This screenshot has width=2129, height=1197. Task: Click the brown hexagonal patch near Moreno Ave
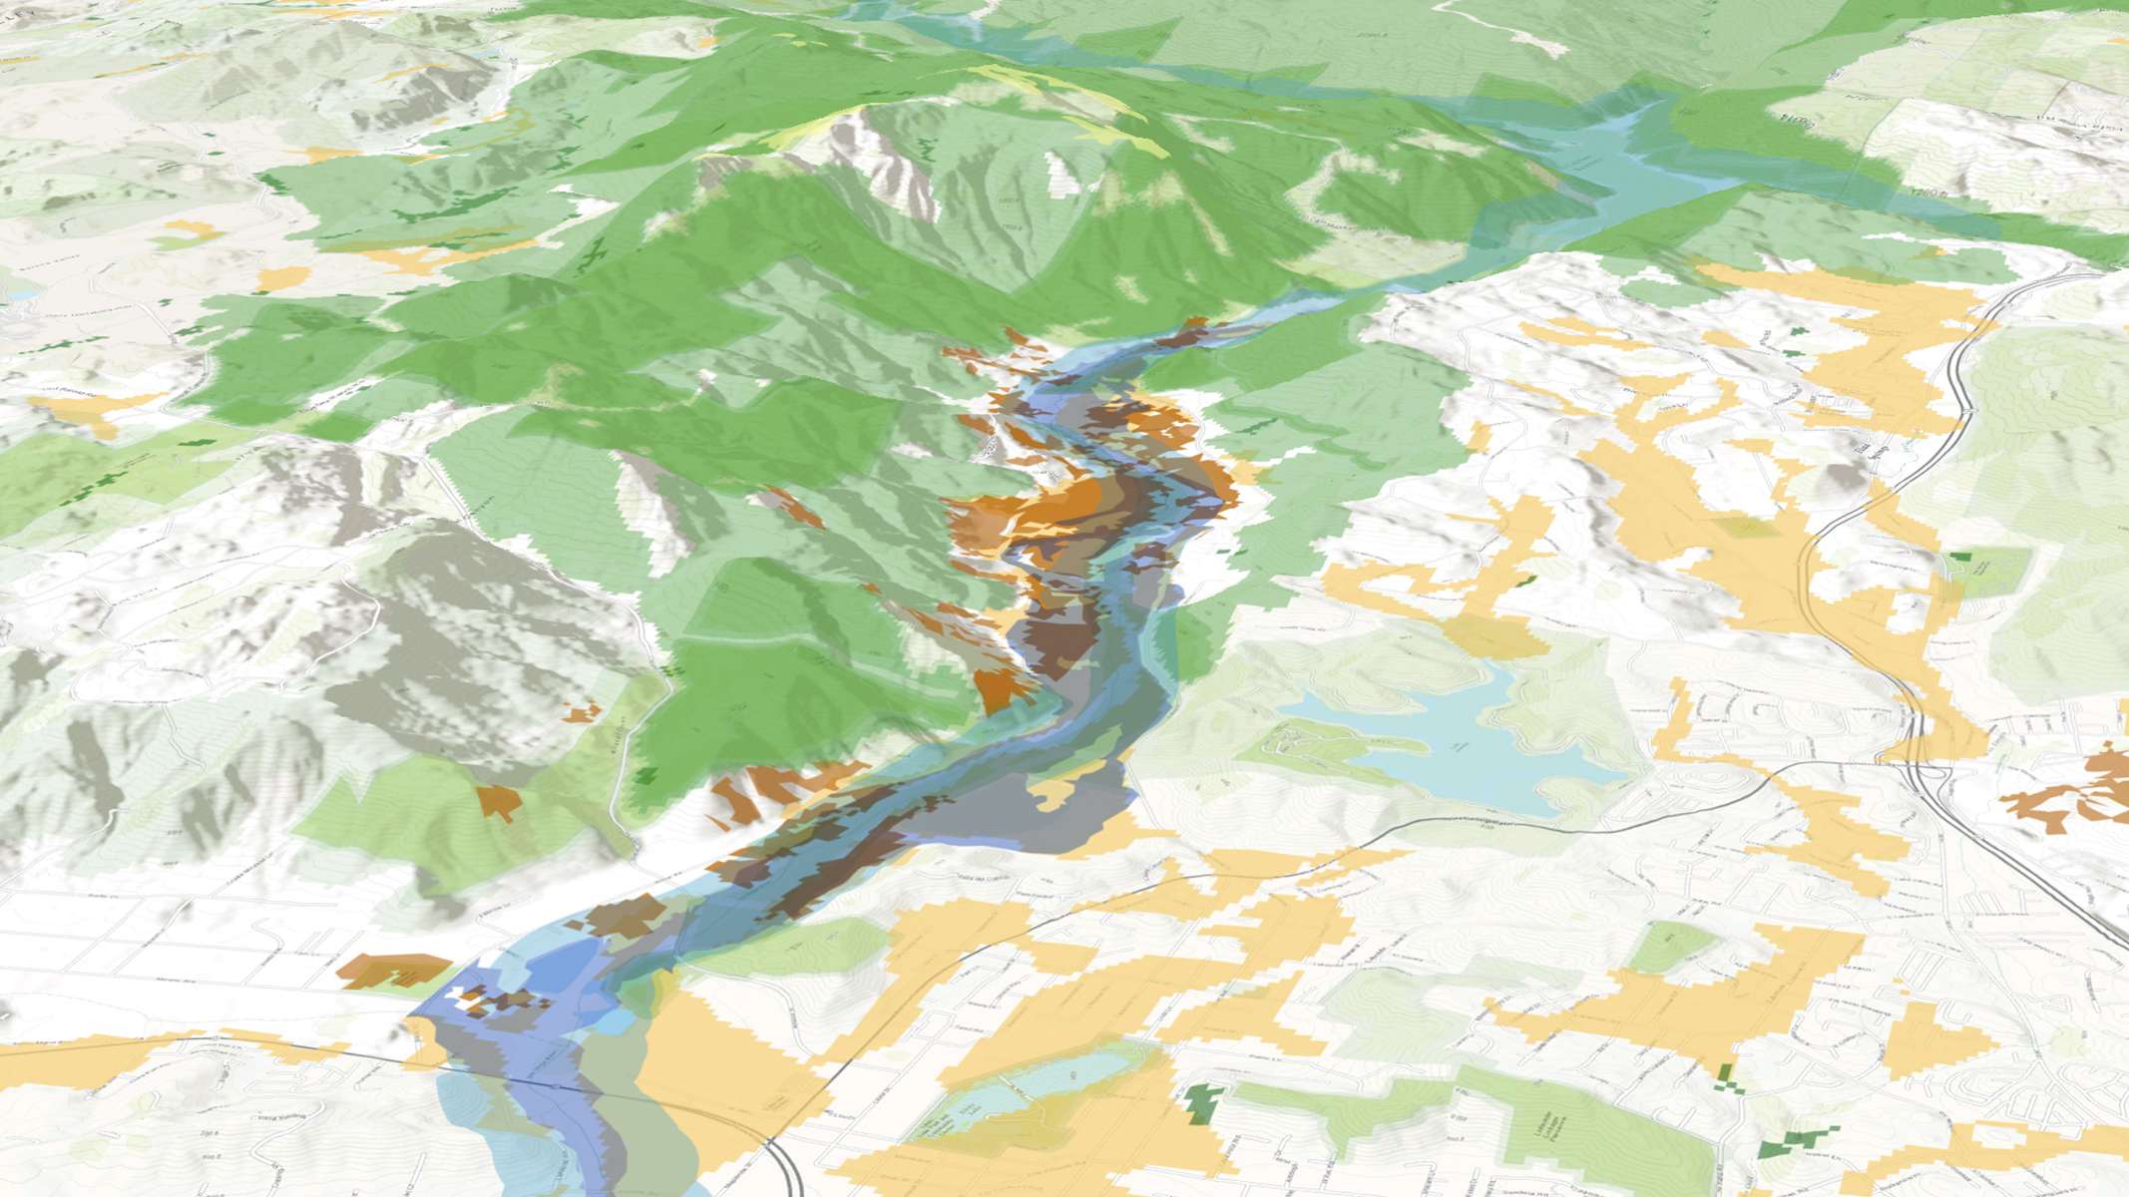[x=394, y=970]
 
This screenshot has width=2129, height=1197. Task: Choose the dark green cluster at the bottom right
[x=1796, y=1143]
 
